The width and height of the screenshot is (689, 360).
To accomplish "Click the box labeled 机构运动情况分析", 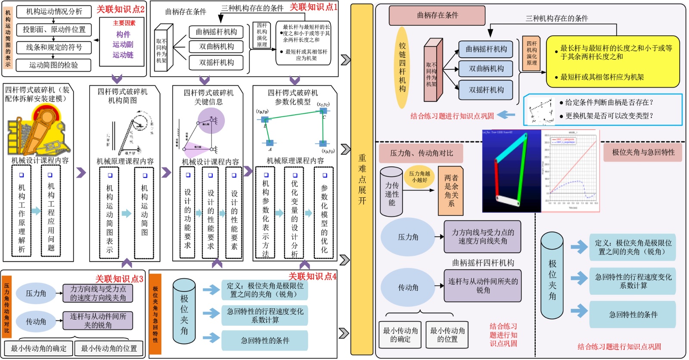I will [x=54, y=12].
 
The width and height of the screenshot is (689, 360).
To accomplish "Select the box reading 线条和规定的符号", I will [x=54, y=47].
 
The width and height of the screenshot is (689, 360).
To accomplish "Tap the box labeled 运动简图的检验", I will [x=54, y=65].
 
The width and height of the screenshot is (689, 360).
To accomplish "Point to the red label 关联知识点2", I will [x=120, y=9].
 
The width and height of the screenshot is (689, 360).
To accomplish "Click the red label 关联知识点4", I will [x=312, y=276].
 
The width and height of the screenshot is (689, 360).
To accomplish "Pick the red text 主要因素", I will [x=124, y=23].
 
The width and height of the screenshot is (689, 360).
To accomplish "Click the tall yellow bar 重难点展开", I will [x=362, y=179].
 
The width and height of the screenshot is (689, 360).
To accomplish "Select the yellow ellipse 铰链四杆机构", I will [x=402, y=68].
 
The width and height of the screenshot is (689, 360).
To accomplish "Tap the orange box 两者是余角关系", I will [x=451, y=191].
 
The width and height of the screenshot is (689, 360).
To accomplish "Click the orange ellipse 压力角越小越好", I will [x=419, y=177].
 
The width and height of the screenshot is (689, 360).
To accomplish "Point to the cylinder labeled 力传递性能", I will [x=391, y=192].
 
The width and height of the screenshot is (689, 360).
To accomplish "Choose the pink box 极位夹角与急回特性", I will [x=643, y=152].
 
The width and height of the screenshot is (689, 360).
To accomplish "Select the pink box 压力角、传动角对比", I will [x=421, y=153].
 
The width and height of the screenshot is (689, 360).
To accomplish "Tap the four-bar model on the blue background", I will [x=512, y=171].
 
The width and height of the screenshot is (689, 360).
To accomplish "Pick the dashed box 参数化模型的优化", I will [x=324, y=213].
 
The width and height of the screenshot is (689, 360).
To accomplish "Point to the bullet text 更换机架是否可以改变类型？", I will [x=609, y=116].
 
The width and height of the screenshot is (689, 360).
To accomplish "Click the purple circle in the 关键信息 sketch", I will [x=211, y=121].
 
